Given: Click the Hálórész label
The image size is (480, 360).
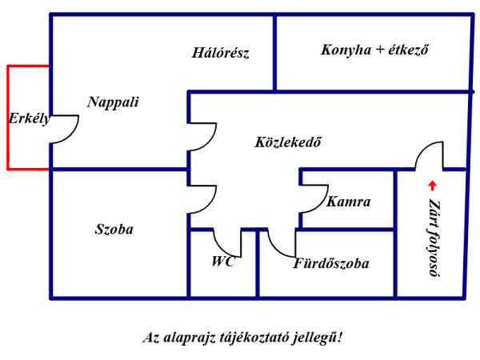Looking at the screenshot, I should point(221,54).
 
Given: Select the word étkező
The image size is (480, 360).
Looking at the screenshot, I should point(406,50).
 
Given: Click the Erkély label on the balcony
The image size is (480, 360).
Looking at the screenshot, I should point(29,119).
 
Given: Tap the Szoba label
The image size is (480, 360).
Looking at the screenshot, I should point(114,229).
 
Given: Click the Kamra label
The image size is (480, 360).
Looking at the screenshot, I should point(349,202).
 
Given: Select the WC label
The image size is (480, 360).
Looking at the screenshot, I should point(223,261).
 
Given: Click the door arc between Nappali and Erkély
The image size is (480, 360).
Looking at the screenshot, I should point(65,128).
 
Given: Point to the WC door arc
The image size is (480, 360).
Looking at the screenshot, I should point(228,242).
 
